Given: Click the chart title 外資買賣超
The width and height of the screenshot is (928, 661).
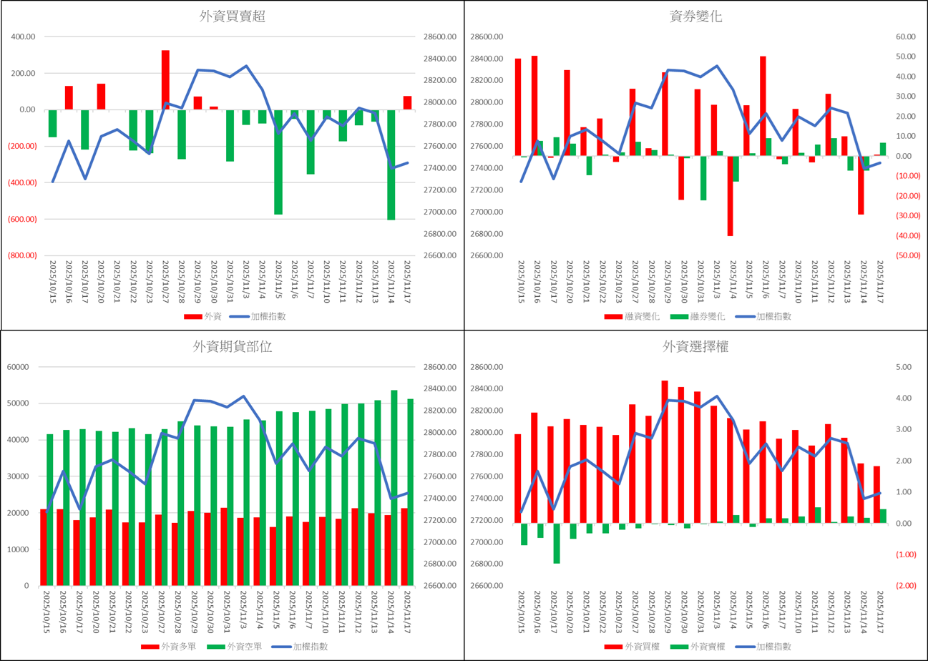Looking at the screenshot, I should (233, 17).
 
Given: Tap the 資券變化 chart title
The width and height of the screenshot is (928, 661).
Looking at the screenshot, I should (696, 17).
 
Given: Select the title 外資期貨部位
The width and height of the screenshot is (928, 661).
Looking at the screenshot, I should (233, 347).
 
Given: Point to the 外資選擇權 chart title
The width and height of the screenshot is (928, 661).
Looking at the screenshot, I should (696, 348).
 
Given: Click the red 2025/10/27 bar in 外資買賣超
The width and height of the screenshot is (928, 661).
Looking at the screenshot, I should (165, 79).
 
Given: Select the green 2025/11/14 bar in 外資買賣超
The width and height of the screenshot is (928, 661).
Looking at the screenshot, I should (391, 165).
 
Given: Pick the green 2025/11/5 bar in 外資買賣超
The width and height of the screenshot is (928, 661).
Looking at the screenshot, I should (278, 162).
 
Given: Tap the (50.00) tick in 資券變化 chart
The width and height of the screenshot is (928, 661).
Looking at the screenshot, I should (906, 255).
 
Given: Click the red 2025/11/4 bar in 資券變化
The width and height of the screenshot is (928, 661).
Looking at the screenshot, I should (730, 195).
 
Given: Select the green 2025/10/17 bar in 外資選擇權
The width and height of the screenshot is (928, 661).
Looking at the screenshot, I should (557, 543).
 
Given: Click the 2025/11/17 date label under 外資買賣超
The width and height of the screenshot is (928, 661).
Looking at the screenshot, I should (407, 283).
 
